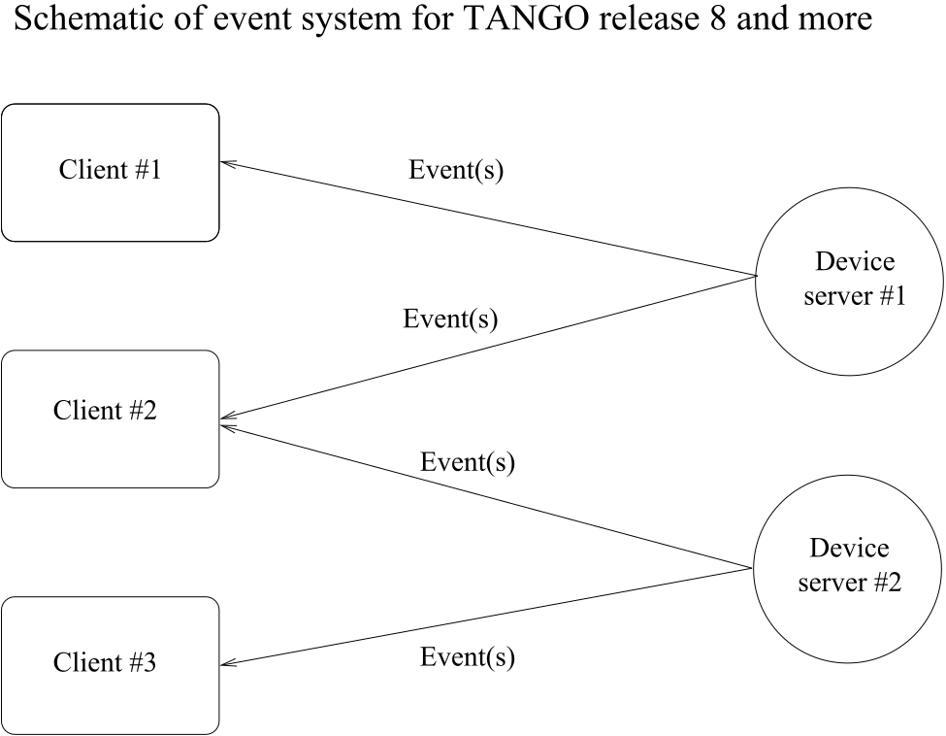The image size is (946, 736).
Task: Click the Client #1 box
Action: (111, 173)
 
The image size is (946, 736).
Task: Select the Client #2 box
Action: (111, 419)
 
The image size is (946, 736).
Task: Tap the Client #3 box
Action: (111, 665)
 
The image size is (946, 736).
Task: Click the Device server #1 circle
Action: (849, 282)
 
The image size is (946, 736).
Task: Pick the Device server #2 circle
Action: (847, 568)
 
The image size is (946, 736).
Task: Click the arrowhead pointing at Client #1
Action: (227, 163)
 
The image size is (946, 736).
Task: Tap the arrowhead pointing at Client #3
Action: (228, 664)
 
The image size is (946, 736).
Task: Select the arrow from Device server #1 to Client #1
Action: (488, 218)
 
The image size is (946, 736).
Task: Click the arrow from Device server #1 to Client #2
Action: (488, 348)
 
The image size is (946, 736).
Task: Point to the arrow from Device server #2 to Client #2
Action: (486, 497)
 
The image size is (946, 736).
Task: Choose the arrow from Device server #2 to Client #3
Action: (486, 617)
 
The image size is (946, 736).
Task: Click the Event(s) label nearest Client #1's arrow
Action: (456, 170)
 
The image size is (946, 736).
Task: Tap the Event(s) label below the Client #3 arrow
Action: (468, 657)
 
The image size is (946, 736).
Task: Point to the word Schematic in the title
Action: (95, 18)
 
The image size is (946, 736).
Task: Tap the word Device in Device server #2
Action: (849, 549)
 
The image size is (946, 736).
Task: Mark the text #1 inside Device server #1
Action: (893, 296)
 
